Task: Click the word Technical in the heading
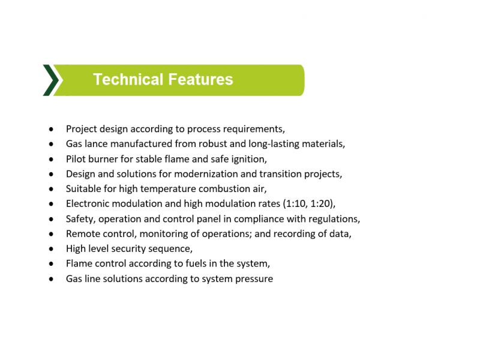128,79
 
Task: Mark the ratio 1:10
296,204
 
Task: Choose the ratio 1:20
322,204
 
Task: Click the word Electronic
88,204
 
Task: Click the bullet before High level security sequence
51,249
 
